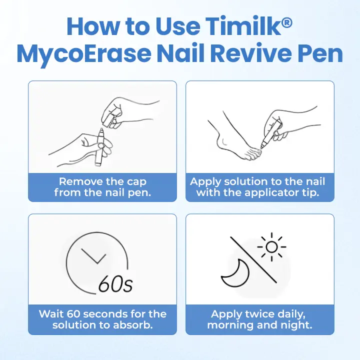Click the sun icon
[271, 246]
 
